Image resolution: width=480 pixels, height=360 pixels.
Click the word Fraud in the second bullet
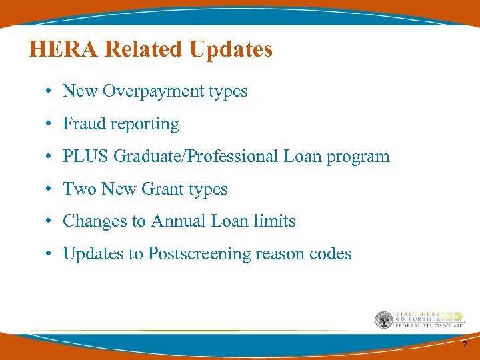(82, 124)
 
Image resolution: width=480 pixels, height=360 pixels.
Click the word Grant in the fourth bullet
(163, 189)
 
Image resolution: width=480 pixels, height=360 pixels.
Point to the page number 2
(465, 344)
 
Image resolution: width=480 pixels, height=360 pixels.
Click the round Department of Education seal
(384, 320)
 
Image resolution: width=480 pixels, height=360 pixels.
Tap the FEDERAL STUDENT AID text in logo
(429, 326)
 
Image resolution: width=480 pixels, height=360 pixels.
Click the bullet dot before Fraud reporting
(50, 125)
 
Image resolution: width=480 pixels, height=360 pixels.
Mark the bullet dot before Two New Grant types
(50, 190)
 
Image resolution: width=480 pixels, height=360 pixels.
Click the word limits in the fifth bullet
(277, 221)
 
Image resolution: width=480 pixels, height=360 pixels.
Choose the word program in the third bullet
(361, 157)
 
